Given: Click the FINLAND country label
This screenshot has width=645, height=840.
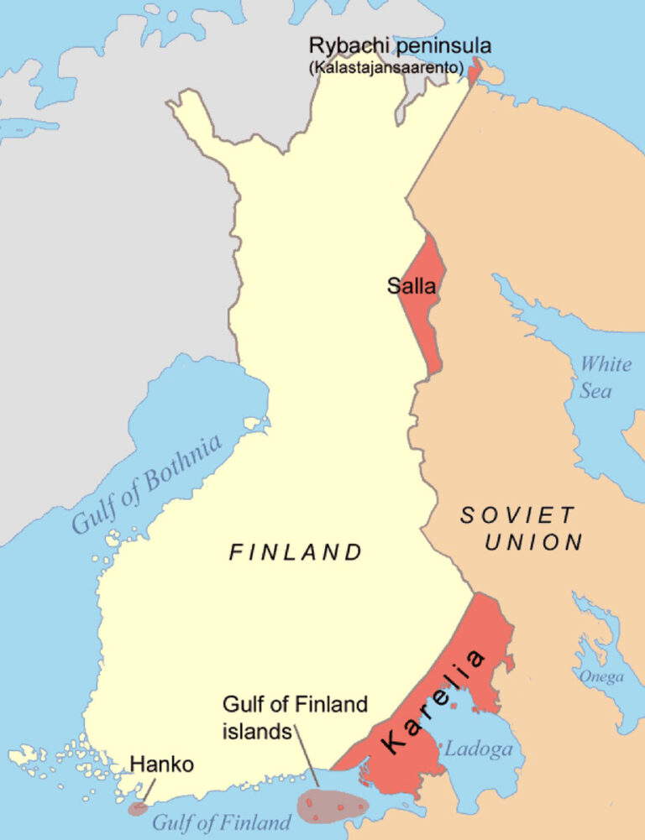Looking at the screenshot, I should (x=296, y=552).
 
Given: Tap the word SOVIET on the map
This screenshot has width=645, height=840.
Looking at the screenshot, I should (x=517, y=515).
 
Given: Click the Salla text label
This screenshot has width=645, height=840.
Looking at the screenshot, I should (x=412, y=286).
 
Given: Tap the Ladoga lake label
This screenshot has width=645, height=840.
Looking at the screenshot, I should (x=477, y=749).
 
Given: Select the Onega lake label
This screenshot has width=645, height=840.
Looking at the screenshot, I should (x=601, y=676).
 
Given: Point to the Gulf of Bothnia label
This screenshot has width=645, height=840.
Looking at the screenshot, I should (x=148, y=485).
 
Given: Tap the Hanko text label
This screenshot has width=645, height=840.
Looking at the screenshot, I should (x=163, y=764).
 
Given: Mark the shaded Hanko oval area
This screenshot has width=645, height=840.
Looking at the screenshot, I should (x=137, y=809).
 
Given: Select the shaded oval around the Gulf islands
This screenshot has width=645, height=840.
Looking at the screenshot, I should (x=333, y=806).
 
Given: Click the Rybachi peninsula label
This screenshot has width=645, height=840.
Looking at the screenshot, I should (x=400, y=46).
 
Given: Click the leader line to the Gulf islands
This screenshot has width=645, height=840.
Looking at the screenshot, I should (x=306, y=760).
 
